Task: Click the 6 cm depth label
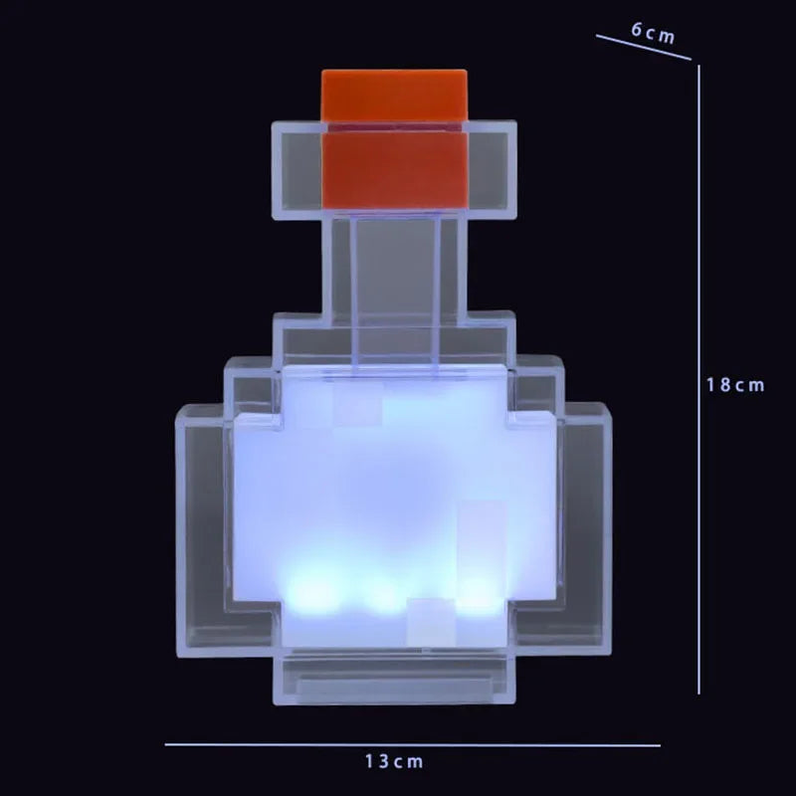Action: click(x=653, y=32)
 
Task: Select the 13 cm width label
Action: click(x=394, y=762)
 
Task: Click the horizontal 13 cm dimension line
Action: click(x=298, y=744)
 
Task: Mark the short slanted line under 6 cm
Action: click(x=643, y=49)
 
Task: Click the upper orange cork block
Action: click(x=394, y=96)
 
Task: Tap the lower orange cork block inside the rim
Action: click(x=394, y=170)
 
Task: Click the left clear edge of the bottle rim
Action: click(x=296, y=169)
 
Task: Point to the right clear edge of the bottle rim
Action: click(x=493, y=169)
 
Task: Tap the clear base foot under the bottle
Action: click(x=394, y=677)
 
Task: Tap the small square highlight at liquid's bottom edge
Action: click(x=430, y=617)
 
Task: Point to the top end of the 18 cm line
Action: click(x=699, y=68)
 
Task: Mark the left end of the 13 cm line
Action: click(x=167, y=744)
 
